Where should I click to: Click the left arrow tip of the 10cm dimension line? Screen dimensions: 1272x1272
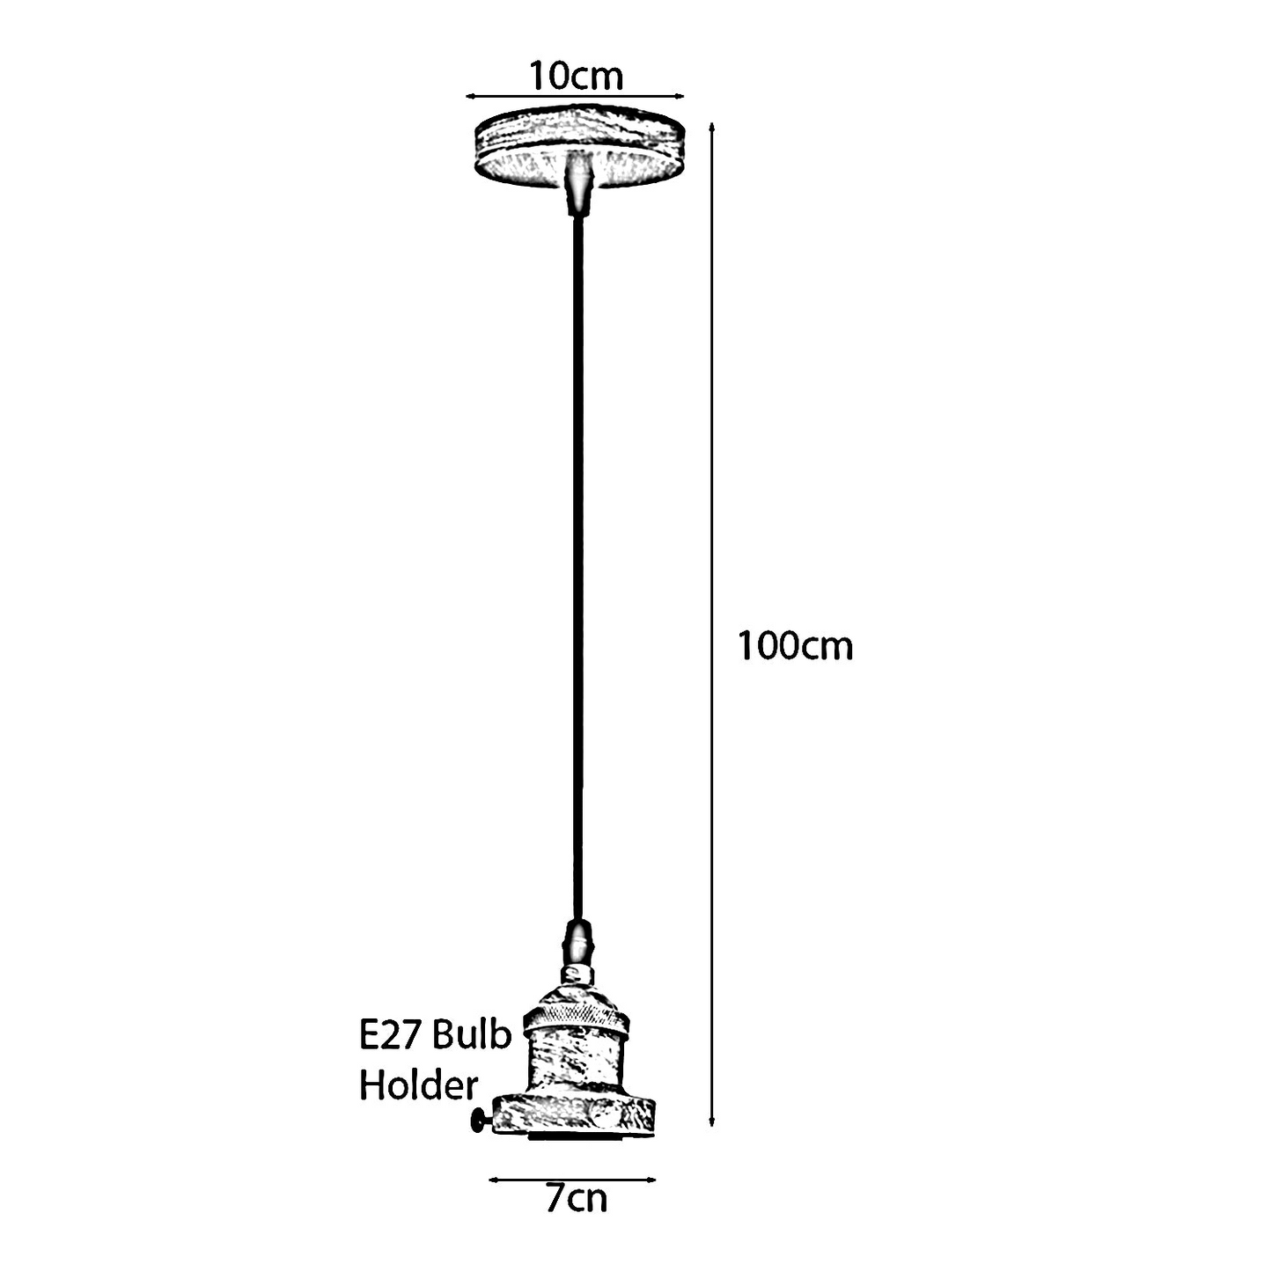[x=466, y=96]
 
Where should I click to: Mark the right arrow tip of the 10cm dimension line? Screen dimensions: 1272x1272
[x=684, y=96]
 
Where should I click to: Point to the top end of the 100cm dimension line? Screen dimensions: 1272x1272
[x=711, y=122]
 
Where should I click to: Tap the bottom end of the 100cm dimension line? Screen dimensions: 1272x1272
[x=711, y=1126]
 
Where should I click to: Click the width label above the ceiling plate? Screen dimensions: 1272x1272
[x=577, y=76]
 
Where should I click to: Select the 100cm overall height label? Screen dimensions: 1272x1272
[x=796, y=645]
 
